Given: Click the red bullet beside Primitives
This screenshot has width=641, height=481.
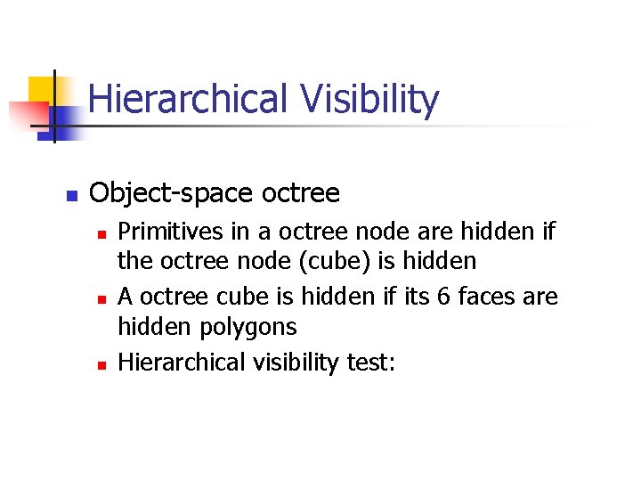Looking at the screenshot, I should coord(102,233).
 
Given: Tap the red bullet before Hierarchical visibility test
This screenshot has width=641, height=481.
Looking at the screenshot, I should coord(102,364).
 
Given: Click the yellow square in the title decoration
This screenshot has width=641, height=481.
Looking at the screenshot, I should coord(43,89).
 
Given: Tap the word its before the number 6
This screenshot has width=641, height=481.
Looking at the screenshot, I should coord(415,297).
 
